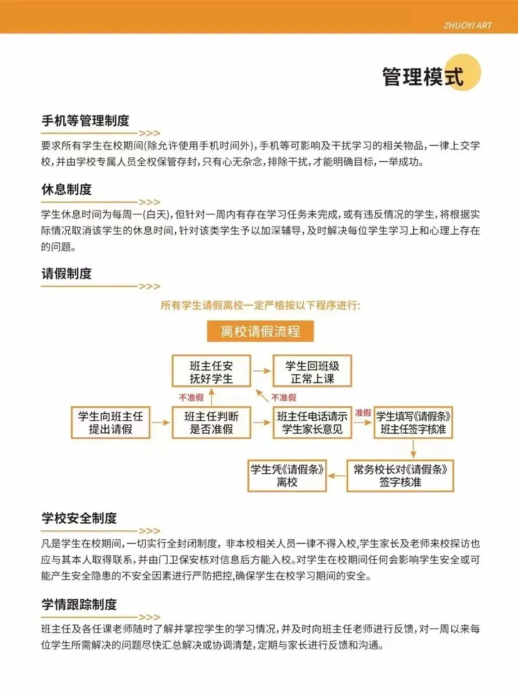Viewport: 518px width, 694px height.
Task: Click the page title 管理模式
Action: pos(423,77)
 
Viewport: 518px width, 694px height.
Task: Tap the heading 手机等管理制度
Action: pos(85,121)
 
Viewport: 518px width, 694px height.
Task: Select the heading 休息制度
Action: pos(66,189)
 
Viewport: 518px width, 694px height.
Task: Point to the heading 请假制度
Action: pos(66,273)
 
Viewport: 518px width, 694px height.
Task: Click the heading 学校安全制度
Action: pos(79,517)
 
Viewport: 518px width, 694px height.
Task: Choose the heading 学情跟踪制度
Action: pos(79,604)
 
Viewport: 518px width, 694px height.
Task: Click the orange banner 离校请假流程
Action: pos(260,332)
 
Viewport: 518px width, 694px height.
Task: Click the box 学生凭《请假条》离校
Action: pos(287,475)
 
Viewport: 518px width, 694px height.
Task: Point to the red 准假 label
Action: pos(362,412)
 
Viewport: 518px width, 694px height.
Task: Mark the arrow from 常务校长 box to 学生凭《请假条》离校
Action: pos(337,475)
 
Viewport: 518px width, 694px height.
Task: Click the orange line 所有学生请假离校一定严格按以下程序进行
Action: pos(260,305)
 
